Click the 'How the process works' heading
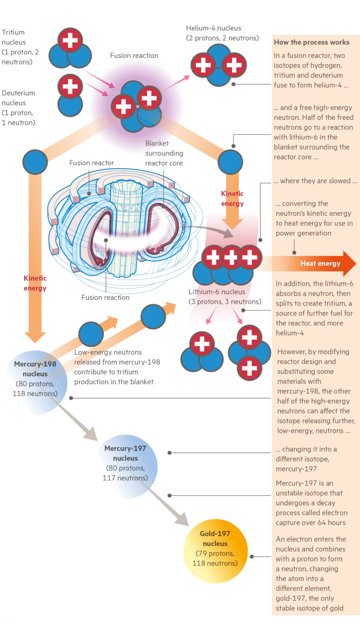click(312, 42)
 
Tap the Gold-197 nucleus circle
click(215, 551)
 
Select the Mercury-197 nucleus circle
click(125, 467)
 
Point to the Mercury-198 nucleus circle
click(35, 382)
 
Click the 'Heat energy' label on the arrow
click(320, 263)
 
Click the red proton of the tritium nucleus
click(70, 40)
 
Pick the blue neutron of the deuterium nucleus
click(70, 105)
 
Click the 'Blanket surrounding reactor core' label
click(164, 153)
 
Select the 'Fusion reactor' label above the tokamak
click(92, 163)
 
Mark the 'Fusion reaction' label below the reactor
click(105, 298)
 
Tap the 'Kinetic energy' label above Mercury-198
click(35, 283)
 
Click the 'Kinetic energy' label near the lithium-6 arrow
click(232, 198)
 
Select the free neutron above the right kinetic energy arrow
click(230, 162)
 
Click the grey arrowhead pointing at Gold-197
click(182, 518)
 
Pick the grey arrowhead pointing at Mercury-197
click(91, 433)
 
